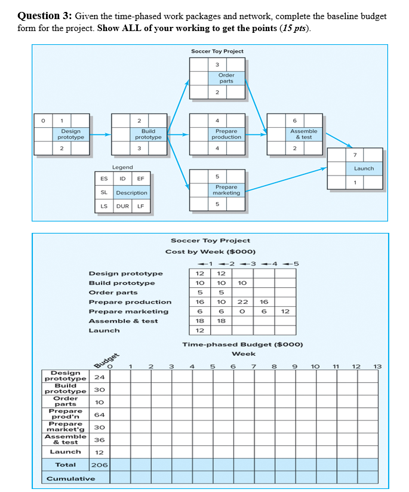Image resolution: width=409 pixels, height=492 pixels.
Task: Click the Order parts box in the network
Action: click(x=226, y=78)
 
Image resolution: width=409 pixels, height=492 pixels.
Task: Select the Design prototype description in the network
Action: click(x=71, y=134)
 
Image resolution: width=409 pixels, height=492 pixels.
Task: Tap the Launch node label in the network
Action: click(x=364, y=168)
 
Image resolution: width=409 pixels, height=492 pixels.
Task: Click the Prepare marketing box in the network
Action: click(x=226, y=190)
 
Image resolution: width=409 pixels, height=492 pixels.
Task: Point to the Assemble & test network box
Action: click(x=303, y=134)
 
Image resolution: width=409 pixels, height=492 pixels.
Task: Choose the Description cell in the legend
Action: click(x=131, y=193)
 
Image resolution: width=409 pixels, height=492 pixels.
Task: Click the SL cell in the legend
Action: click(x=104, y=193)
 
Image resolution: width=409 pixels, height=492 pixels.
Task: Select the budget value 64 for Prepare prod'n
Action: click(x=100, y=414)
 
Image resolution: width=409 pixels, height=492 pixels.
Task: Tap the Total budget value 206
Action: click(x=100, y=464)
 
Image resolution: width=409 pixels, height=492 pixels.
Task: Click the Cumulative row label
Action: click(x=70, y=478)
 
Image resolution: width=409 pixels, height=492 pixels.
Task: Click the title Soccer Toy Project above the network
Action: click(x=217, y=51)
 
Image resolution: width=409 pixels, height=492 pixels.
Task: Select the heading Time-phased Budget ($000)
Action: click(x=242, y=345)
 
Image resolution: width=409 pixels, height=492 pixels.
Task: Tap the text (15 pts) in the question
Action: click(x=296, y=28)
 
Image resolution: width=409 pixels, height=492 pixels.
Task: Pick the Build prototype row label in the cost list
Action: click(x=122, y=283)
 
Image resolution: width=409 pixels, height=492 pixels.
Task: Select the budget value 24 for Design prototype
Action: click(x=100, y=377)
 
